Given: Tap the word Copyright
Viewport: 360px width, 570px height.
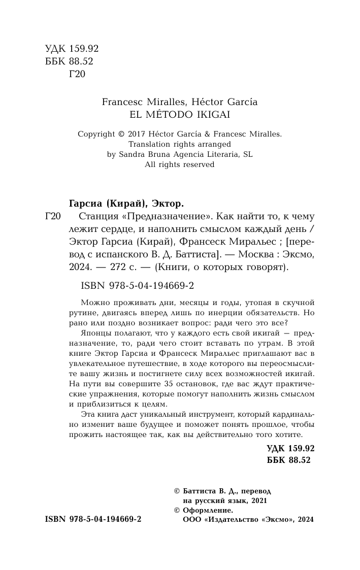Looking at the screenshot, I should coord(96,135).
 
